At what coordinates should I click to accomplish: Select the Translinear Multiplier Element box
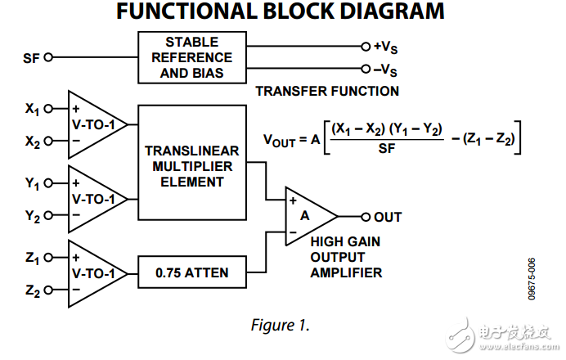(x=192, y=163)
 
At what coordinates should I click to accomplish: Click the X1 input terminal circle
(x=48, y=108)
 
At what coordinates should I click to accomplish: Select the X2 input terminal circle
(x=48, y=141)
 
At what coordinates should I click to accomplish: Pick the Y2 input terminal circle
(x=48, y=216)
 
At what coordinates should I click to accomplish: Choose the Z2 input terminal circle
(x=48, y=290)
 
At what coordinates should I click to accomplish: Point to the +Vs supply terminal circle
(x=365, y=47)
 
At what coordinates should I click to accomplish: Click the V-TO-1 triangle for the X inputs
(x=94, y=124)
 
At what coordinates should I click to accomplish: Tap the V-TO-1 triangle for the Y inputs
(x=94, y=200)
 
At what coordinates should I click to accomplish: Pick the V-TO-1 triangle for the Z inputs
(x=94, y=274)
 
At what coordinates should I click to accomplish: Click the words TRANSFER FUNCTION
(x=327, y=91)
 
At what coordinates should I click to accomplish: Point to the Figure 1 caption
(x=281, y=325)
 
